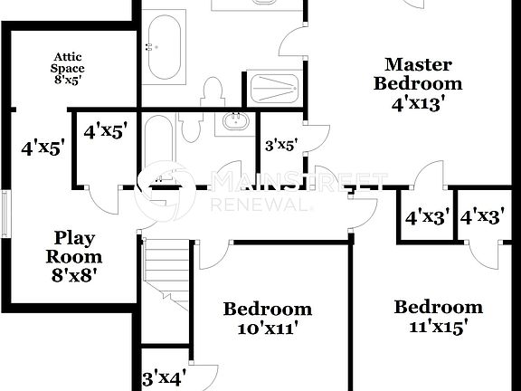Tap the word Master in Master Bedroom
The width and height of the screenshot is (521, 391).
pos(419,64)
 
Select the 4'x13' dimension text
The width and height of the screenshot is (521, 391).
pos(419,102)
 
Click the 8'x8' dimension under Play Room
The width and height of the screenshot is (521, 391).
pos(74,274)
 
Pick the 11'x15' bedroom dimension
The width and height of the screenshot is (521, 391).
pos(437,327)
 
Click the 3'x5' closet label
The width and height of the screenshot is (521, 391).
pos(281,143)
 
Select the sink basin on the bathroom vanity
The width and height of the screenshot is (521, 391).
pos(236,120)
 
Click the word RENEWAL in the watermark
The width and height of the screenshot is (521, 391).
pos(262,205)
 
